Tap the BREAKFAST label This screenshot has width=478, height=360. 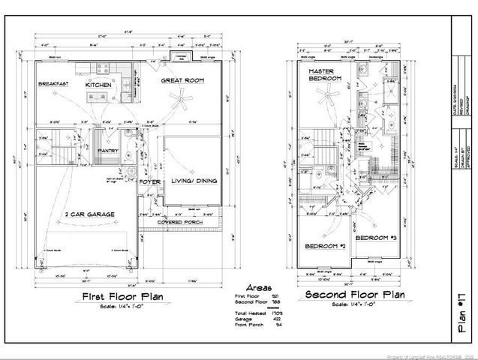click(53, 84)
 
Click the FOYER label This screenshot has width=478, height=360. click(149, 181)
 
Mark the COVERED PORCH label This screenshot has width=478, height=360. click(182, 223)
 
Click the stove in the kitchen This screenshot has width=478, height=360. click(99, 69)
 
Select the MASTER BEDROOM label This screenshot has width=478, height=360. click(325, 75)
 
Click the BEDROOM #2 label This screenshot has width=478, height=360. click(325, 246)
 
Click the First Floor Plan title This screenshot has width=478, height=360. click(124, 298)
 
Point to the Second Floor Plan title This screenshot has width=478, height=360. click(355, 295)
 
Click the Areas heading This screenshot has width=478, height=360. click(257, 286)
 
